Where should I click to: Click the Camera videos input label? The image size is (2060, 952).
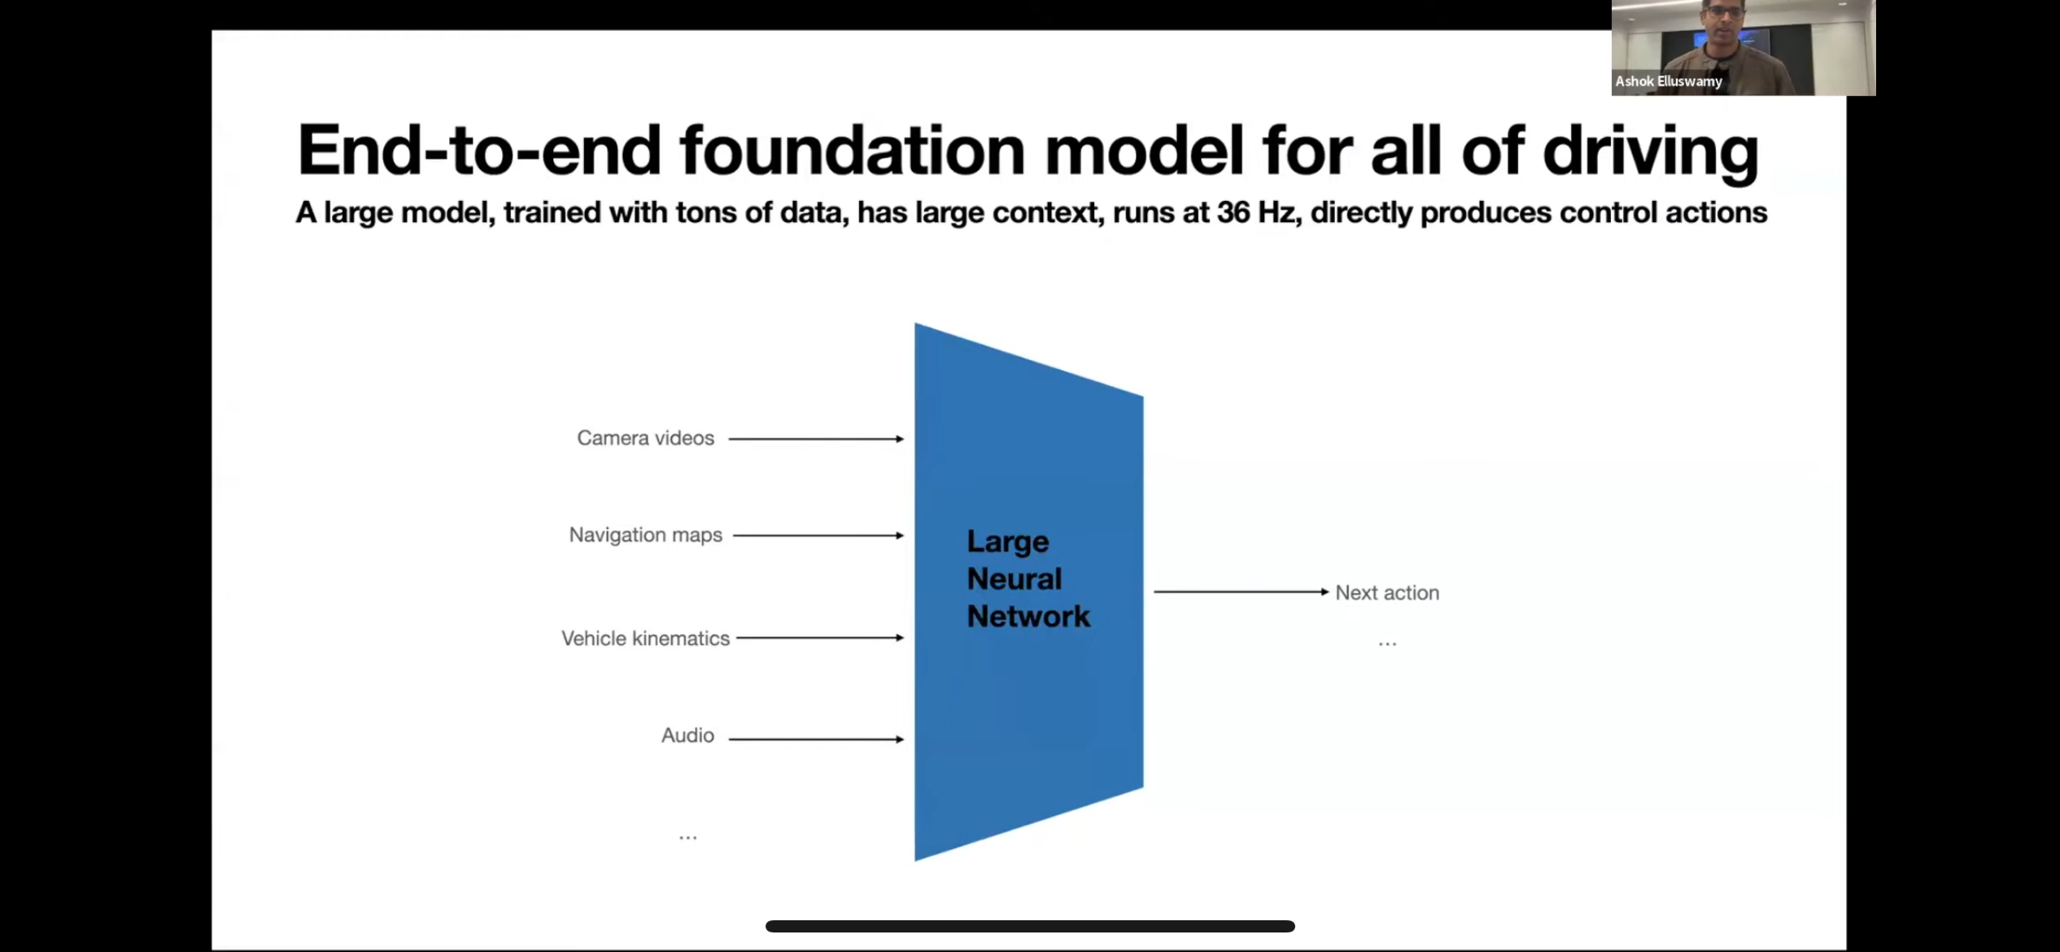pyautogui.click(x=645, y=438)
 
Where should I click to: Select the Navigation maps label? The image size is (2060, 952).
pyautogui.click(x=645, y=535)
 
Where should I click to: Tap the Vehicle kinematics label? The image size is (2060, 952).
pyautogui.click(x=645, y=638)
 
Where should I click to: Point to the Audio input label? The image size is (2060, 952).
pyautogui.click(x=687, y=735)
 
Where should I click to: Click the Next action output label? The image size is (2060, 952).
pyautogui.click(x=1387, y=592)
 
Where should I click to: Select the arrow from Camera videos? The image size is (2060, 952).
pyautogui.click(x=816, y=439)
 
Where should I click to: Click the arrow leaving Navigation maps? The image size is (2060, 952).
pyautogui.click(x=818, y=535)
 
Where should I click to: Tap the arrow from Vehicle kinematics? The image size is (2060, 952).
pyautogui.click(x=820, y=638)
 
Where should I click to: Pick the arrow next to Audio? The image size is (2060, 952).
pyautogui.click(x=816, y=739)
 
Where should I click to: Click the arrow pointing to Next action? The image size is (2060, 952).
pyautogui.click(x=1241, y=592)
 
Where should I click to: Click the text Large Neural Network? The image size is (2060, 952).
pyautogui.click(x=1028, y=579)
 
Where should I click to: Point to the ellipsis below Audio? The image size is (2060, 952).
pyautogui.click(x=687, y=836)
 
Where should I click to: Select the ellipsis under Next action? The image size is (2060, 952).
pyautogui.click(x=1387, y=644)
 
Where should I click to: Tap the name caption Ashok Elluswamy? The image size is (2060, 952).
pyautogui.click(x=1668, y=81)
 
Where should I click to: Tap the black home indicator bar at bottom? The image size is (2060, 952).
pyautogui.click(x=1030, y=926)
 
